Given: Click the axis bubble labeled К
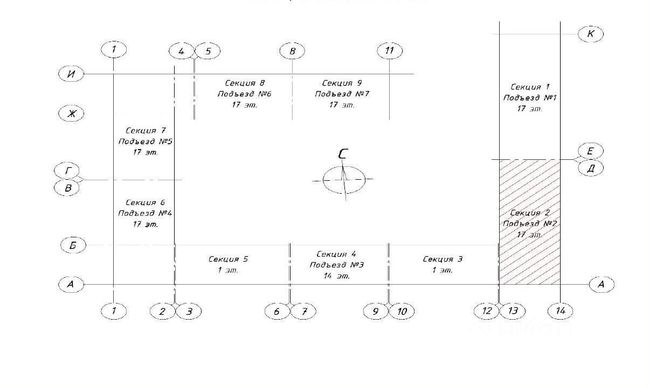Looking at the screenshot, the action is coord(591,34).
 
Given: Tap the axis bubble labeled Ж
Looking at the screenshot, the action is coord(71,114).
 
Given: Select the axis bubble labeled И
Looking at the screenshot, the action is coord(71,74).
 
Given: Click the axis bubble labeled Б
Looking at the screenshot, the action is coord(73,245).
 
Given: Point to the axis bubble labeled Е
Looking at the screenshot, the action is coord(591,151).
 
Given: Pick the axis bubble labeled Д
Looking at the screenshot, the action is coord(591,168).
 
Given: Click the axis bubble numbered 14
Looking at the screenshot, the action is coord(561,311).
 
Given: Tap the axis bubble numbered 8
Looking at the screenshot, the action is coord(292,51).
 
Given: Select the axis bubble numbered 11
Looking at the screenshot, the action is coord(390,51).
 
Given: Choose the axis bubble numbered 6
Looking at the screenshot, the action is coord(278,311).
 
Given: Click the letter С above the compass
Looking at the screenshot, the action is coord(343,154).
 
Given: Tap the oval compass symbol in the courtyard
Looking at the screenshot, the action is coord(344,180).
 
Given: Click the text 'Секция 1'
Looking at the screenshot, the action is coord(529,87).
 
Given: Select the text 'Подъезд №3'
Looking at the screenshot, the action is coord(336,265).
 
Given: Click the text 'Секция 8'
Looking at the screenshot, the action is coord(244,83).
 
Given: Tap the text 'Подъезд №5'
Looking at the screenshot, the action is coord(145,142).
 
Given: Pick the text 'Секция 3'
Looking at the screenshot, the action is coord(443,259).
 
